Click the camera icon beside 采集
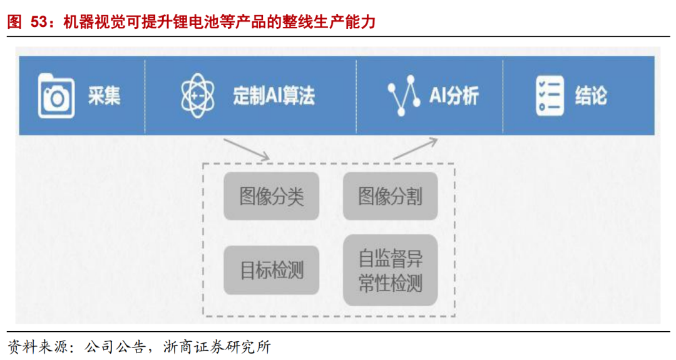coord(56,96)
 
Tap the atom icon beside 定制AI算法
coord(197,96)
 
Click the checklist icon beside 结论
coord(550,96)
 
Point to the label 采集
coord(104,96)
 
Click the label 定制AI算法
coord(274,96)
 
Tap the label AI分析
coord(454,96)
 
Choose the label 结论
coord(591,96)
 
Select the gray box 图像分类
coord(272,197)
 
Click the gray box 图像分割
coord(390,197)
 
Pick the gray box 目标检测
coord(272,270)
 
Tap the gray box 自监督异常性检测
coord(390,270)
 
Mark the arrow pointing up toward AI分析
coord(416,148)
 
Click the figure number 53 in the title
coord(39,23)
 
